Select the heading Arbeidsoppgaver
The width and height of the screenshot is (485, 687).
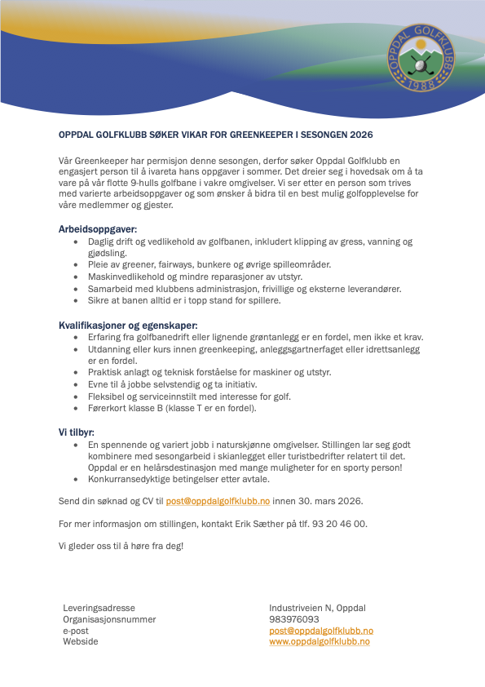tap(98, 229)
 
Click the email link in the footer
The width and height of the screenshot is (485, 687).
tap(321, 631)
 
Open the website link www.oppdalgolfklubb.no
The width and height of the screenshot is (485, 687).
tap(320, 642)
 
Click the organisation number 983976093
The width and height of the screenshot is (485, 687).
tap(294, 619)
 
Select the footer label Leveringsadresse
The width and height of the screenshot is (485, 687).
tap(99, 608)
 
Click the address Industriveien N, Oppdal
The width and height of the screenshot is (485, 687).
tap(317, 608)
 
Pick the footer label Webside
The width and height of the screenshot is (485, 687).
tap(81, 642)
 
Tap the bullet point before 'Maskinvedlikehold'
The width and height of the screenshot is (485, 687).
tap(77, 277)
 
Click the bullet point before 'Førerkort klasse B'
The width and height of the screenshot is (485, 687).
tap(77, 408)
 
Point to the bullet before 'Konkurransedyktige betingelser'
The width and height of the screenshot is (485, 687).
tap(77, 480)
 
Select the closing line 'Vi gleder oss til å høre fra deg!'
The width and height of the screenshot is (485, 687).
tap(121, 545)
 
